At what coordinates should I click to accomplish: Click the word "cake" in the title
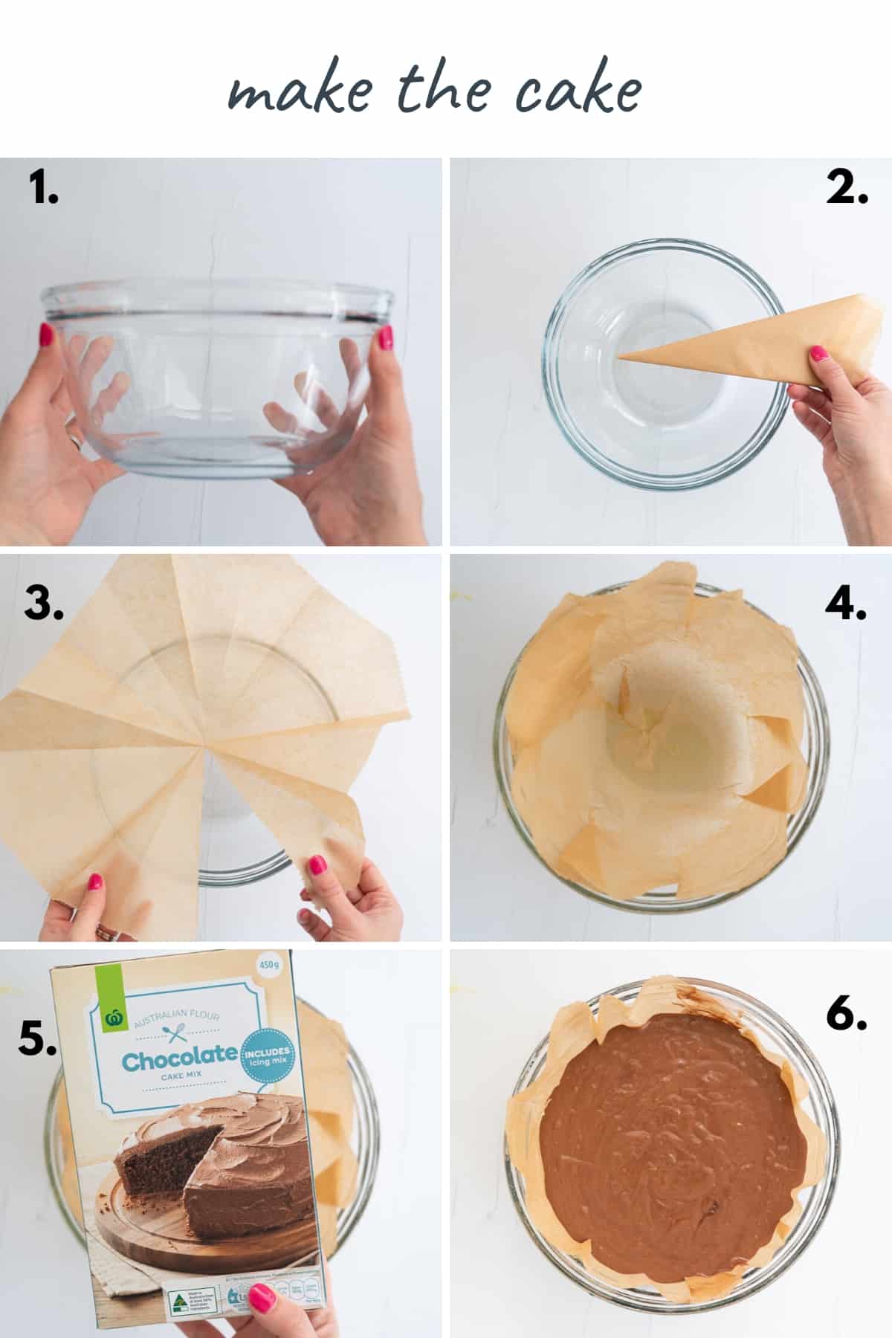click(578, 92)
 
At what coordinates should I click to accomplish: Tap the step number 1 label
click(44, 187)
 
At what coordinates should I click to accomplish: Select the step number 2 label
click(847, 187)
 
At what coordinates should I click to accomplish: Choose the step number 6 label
click(846, 1012)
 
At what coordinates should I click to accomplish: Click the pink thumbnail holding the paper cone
click(818, 354)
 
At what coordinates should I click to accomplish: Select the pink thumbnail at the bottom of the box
click(262, 1297)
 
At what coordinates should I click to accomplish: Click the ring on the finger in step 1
click(75, 441)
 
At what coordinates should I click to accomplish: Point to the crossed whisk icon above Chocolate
click(176, 1032)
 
